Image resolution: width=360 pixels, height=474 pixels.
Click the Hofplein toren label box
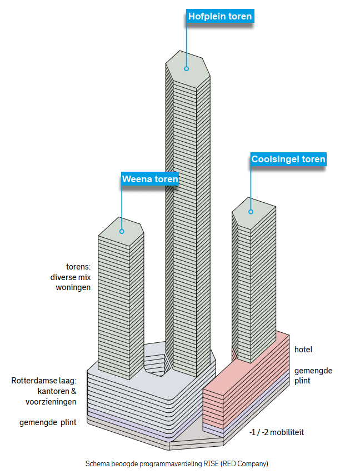click(220, 16)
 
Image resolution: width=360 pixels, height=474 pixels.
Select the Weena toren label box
click(150, 179)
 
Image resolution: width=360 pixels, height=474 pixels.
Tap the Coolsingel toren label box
click(288, 159)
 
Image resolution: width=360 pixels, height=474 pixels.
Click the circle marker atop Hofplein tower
click(187, 68)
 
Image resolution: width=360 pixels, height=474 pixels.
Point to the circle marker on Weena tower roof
click(122, 231)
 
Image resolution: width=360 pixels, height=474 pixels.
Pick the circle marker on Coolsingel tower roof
click(251, 212)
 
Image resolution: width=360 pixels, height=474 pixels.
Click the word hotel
click(303, 350)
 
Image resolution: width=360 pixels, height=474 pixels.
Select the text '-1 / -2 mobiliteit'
click(277, 432)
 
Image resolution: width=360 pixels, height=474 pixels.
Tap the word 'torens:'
click(78, 267)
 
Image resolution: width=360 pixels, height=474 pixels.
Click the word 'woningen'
click(73, 287)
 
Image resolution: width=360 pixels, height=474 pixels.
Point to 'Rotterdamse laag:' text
click(44, 381)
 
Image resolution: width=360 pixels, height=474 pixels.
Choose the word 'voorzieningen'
click(51, 402)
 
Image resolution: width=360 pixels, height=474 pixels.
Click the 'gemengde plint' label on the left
click(48, 422)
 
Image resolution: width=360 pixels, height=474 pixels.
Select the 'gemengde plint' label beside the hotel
click(313, 376)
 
